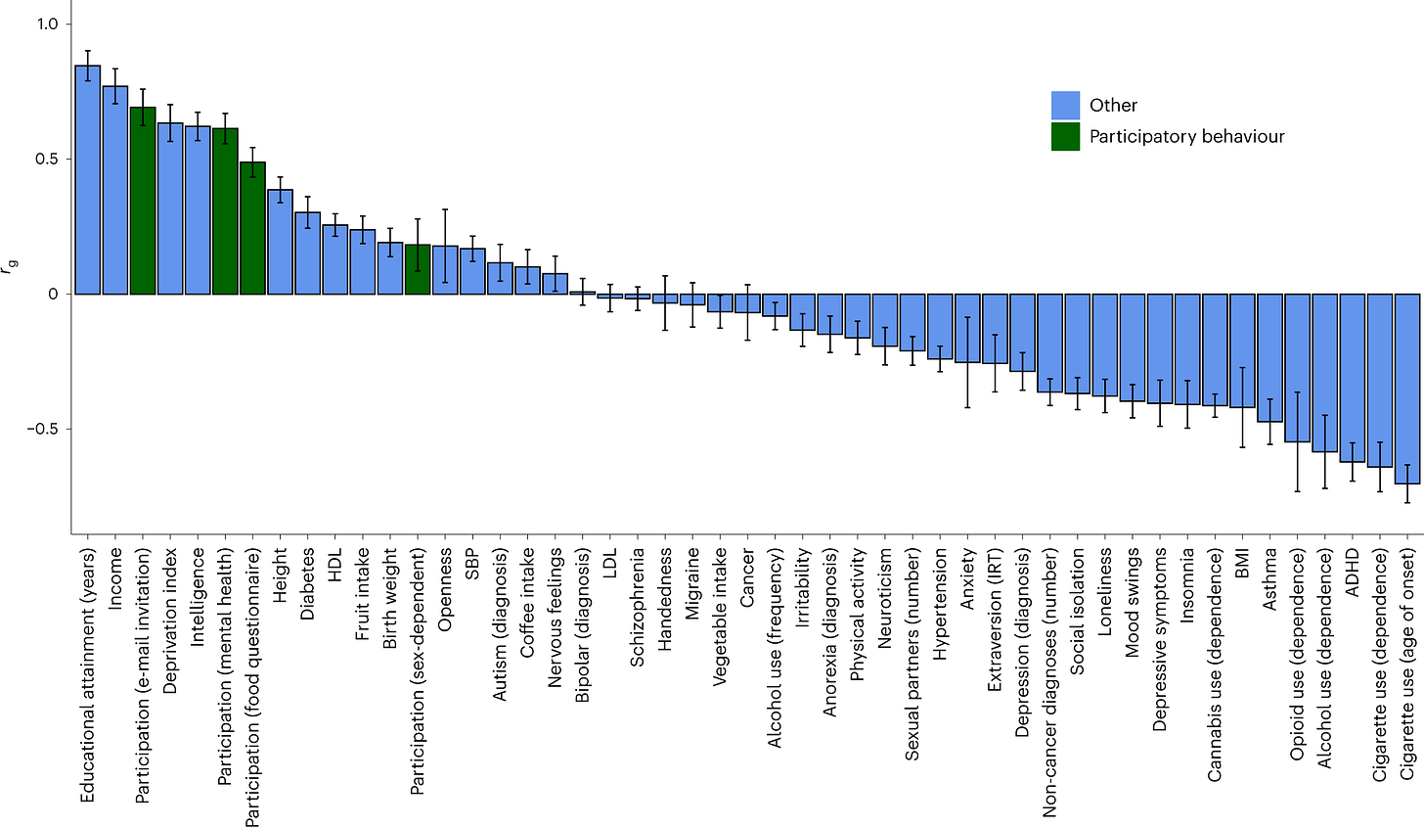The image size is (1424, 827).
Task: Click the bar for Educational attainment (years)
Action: pyautogui.click(x=88, y=179)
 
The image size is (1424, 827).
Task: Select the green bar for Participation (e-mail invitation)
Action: pyautogui.click(x=143, y=201)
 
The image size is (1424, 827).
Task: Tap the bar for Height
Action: pyautogui.click(x=281, y=242)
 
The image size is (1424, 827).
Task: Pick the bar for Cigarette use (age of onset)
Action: pyautogui.click(x=1407, y=389)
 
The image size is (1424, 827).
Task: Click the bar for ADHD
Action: pyautogui.click(x=1353, y=378)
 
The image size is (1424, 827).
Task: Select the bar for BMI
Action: pyautogui.click(x=1242, y=350)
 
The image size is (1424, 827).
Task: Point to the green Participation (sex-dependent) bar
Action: pyautogui.click(x=418, y=269)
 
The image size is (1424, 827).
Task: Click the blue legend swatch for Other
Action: pyautogui.click(x=1065, y=105)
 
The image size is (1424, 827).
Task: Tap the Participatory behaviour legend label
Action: pyautogui.click(x=1187, y=137)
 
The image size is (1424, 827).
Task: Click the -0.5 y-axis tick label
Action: pyautogui.click(x=43, y=429)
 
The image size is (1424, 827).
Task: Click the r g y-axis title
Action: pyautogui.click(x=8, y=267)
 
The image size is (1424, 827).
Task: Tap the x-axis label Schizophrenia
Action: pyautogui.click(x=638, y=607)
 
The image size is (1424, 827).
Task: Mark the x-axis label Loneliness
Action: pyautogui.click(x=1104, y=591)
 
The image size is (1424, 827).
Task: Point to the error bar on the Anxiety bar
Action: pyautogui.click(x=967, y=362)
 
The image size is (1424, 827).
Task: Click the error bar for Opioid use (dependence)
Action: pyautogui.click(x=1298, y=441)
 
